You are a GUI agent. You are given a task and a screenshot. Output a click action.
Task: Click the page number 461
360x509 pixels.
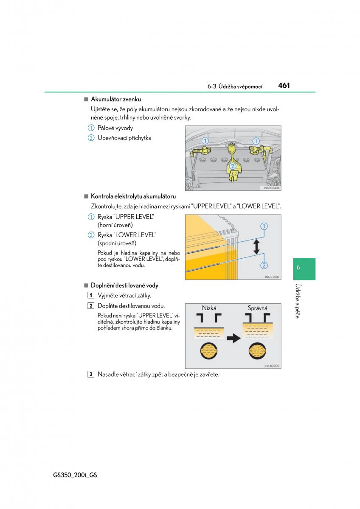pyautogui.click(x=284, y=85)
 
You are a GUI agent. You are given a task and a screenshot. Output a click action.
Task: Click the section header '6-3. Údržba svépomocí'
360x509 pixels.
pyautogui.click(x=235, y=86)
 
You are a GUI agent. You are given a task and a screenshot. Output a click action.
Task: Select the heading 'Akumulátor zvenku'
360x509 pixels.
pyautogui.click(x=116, y=99)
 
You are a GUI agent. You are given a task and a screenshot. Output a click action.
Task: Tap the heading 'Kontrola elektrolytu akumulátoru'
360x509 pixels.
pyautogui.click(x=133, y=196)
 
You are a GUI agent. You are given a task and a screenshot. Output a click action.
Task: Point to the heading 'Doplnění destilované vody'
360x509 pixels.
pyautogui.click(x=124, y=285)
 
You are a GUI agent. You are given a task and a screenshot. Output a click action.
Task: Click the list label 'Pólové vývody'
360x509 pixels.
pyautogui.click(x=115, y=128)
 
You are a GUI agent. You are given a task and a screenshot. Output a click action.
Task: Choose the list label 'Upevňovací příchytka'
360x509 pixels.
pyautogui.click(x=124, y=138)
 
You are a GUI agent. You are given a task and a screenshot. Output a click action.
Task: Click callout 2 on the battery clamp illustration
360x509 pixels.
pyautogui.click(x=232, y=166)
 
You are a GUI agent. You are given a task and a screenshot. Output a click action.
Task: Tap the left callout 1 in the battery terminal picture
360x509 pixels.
pyautogui.click(x=205, y=141)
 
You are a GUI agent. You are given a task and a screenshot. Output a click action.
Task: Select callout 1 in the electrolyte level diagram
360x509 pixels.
pyautogui.click(x=264, y=226)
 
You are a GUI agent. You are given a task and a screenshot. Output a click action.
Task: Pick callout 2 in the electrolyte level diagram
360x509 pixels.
pyautogui.click(x=264, y=266)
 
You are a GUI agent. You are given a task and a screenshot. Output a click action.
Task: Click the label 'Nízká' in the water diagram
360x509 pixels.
pyautogui.click(x=209, y=308)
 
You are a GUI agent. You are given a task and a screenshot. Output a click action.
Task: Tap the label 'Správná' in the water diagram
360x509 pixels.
pyautogui.click(x=257, y=308)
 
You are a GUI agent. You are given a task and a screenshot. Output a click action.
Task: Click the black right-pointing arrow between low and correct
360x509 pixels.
pyautogui.click(x=233, y=338)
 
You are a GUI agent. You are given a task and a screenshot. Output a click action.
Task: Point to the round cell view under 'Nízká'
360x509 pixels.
pyautogui.click(x=209, y=350)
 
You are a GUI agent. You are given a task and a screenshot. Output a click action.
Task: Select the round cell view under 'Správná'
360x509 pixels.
pyautogui.click(x=258, y=350)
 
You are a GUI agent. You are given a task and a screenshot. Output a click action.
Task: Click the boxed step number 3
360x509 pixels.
pyautogui.click(x=91, y=374)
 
